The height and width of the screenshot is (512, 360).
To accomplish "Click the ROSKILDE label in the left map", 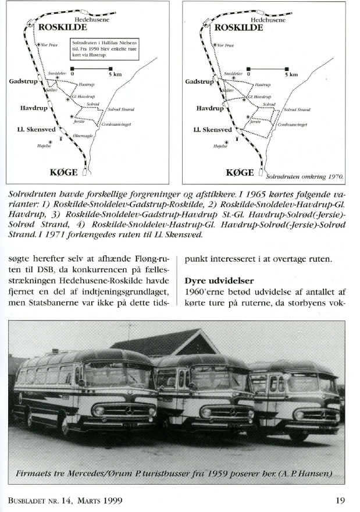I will pyautogui.click(x=62, y=27).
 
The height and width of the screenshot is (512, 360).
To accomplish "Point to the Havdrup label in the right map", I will pyautogui.click(x=210, y=108).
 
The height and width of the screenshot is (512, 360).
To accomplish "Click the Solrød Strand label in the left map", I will pyautogui.click(x=121, y=109).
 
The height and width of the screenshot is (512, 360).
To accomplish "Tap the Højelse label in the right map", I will pyautogui.click(x=220, y=148).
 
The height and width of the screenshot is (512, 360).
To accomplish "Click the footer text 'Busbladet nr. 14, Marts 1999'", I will pyautogui.click(x=65, y=500).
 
